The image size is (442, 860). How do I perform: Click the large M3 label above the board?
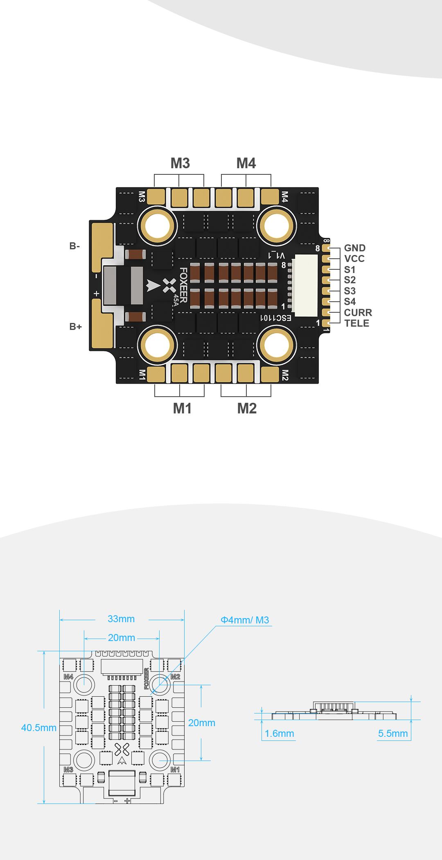180,163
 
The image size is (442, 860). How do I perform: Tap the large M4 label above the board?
246,163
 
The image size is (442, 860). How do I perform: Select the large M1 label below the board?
182,408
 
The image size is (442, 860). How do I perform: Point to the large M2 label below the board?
247,408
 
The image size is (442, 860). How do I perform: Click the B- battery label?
74,246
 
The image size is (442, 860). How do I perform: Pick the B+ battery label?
75,327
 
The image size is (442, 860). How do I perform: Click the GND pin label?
355,248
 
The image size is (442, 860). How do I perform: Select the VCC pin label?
354,259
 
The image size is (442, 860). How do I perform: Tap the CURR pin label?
358,313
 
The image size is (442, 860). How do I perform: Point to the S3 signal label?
350,291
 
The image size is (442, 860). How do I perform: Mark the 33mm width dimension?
121,619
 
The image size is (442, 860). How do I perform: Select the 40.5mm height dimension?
39,727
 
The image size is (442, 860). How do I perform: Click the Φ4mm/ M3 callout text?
245,620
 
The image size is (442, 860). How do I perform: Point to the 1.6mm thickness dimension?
280,733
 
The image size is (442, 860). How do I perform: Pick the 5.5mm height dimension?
393,733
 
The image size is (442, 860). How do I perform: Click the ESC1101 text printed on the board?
276,318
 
